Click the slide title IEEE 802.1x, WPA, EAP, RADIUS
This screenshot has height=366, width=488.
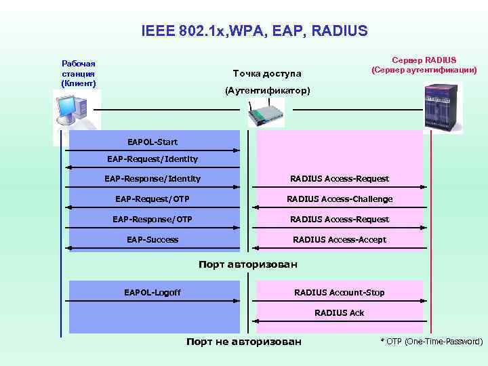click(254, 31)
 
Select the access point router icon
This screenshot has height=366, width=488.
click(265, 114)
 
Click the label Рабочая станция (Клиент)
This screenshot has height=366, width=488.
click(79, 73)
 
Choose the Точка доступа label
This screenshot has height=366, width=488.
click(266, 73)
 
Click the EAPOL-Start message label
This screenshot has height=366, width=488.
click(152, 142)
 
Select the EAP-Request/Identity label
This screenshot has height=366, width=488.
click(152, 159)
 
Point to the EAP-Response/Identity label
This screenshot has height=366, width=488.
click(152, 179)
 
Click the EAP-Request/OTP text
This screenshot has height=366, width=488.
click(152, 199)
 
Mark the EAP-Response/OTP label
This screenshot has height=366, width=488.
click(152, 220)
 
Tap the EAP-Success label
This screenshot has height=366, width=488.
click(152, 239)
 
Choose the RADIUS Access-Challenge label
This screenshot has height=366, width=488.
click(340, 199)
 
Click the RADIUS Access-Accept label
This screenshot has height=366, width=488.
click(340, 239)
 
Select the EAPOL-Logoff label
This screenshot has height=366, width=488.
click(152, 293)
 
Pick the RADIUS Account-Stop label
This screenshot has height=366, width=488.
click(339, 293)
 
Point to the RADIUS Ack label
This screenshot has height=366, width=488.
click(339, 312)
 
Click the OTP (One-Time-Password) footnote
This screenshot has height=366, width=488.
click(432, 342)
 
